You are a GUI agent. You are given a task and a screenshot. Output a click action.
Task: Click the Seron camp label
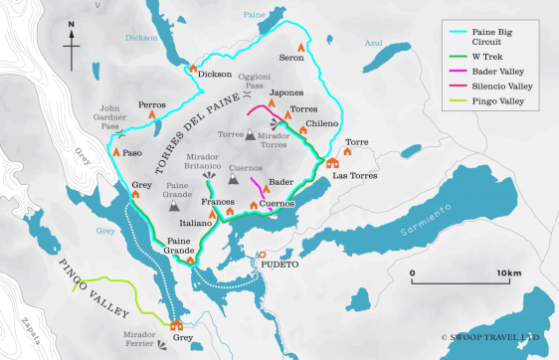pos(291,58)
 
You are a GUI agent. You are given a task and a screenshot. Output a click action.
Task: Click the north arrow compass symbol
pos(73,41)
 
